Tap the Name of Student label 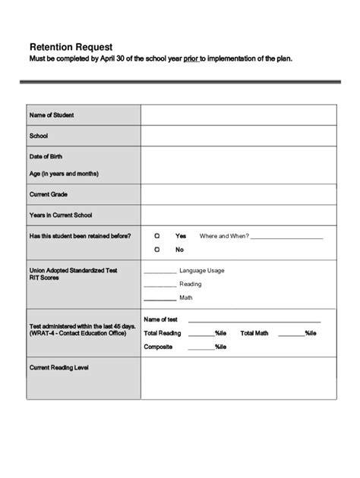[x=52, y=115]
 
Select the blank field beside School [x=238, y=136]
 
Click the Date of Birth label [x=46, y=156]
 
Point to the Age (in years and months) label [x=65, y=174]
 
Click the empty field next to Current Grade [x=238, y=194]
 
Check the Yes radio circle [x=157, y=236]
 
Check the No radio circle [x=157, y=249]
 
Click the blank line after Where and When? [x=286, y=237]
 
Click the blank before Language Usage [x=159, y=271]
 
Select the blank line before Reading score [x=159, y=285]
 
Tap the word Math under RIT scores [x=186, y=298]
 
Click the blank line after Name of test [x=254, y=321]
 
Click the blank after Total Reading [x=201, y=335]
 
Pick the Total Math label [x=254, y=333]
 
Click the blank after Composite [x=201, y=348]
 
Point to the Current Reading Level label [x=59, y=367]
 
